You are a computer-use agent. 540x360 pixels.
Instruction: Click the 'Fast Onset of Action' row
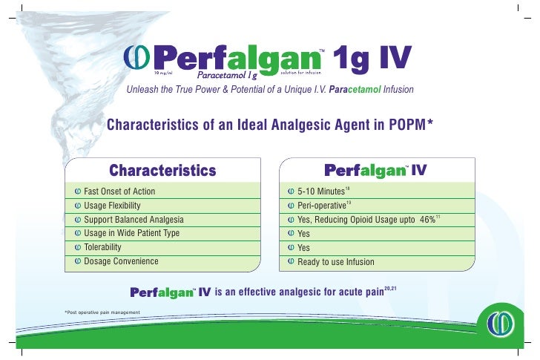tap(119, 191)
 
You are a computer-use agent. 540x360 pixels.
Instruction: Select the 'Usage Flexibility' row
tap(112, 205)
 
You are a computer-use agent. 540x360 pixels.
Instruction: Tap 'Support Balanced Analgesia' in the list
tap(134, 220)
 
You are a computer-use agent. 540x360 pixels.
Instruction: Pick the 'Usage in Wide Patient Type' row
tap(131, 233)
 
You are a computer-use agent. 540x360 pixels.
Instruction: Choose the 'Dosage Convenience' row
tap(121, 261)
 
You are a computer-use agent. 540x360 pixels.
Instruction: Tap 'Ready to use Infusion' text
tap(335, 262)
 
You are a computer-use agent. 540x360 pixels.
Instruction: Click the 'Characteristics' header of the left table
tap(162, 170)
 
